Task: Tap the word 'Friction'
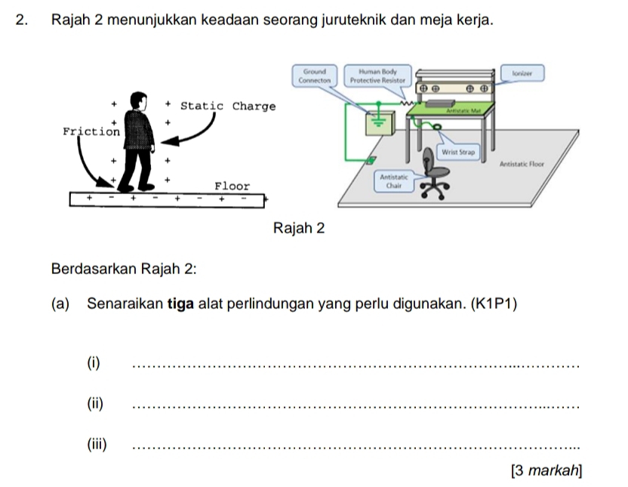[91, 131]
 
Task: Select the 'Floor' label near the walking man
[232, 186]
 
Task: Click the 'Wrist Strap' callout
[458, 152]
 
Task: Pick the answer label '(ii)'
[96, 402]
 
